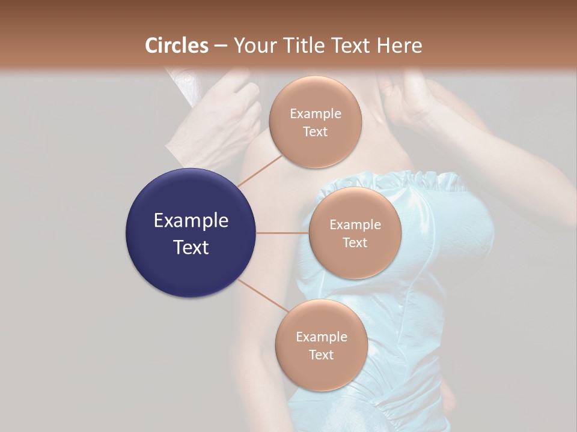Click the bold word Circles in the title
coord(176,46)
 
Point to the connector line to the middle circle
coord(282,233)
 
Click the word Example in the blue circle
coord(191,221)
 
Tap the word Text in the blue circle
coord(191,247)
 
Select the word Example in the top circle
coord(315,113)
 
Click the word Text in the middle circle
coord(355,242)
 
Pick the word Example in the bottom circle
coord(321,337)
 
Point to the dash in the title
coord(220,46)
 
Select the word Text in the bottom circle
coord(321,355)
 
